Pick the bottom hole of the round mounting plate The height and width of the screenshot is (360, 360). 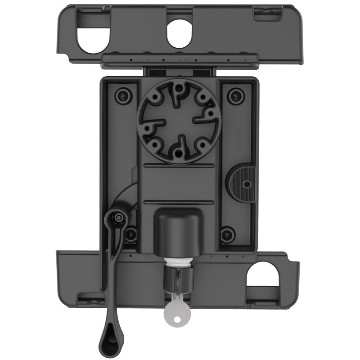[x=179, y=152]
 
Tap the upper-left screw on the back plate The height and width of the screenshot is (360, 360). [x=121, y=95]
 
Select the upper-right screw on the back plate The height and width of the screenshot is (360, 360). [x=235, y=95]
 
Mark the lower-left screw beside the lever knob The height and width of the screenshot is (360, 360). [x=131, y=234]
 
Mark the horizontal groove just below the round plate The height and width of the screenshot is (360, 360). [x=179, y=166]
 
